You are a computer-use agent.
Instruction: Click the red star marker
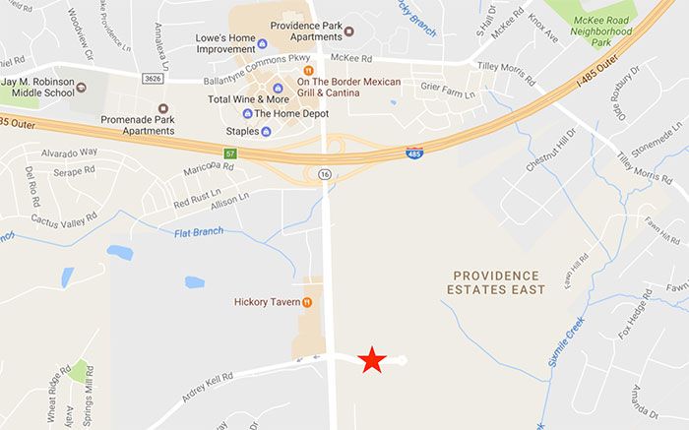[372, 360]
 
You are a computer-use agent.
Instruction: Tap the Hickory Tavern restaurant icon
[308, 302]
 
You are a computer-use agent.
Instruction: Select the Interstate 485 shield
[415, 154]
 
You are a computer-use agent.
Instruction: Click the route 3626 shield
[151, 77]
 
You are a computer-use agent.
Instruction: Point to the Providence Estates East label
[495, 282]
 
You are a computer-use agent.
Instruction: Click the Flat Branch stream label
[199, 232]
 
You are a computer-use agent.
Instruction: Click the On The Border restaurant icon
[308, 71]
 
